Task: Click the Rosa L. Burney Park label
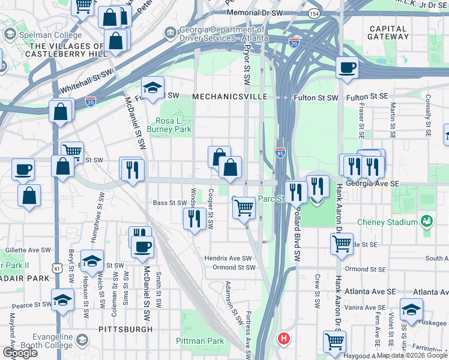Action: [173, 125]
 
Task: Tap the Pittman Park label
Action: [200, 341]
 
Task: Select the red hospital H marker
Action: [284, 338]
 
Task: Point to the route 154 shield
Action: [313, 13]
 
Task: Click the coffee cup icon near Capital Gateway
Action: [347, 67]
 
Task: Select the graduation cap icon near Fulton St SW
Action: [152, 88]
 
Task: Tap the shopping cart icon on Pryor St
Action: [244, 208]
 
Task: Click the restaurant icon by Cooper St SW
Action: [193, 218]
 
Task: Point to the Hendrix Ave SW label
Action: [228, 257]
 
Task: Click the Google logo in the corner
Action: [20, 353]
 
